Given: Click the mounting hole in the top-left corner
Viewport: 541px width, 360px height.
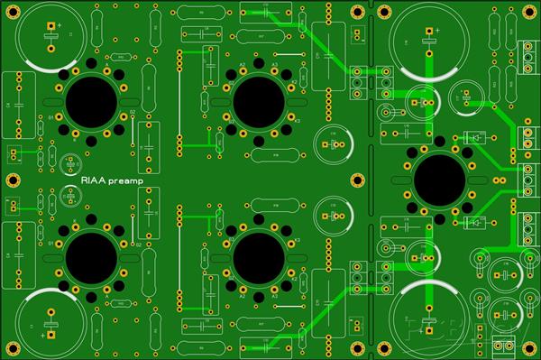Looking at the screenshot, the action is [8, 9].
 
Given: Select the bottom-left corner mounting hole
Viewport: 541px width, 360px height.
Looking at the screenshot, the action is [8, 350].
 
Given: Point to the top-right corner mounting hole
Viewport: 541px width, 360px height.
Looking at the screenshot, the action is [532, 9].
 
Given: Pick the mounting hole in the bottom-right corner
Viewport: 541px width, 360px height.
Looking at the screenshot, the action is [532, 350].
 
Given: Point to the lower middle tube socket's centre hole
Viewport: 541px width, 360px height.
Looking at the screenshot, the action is [258, 260].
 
